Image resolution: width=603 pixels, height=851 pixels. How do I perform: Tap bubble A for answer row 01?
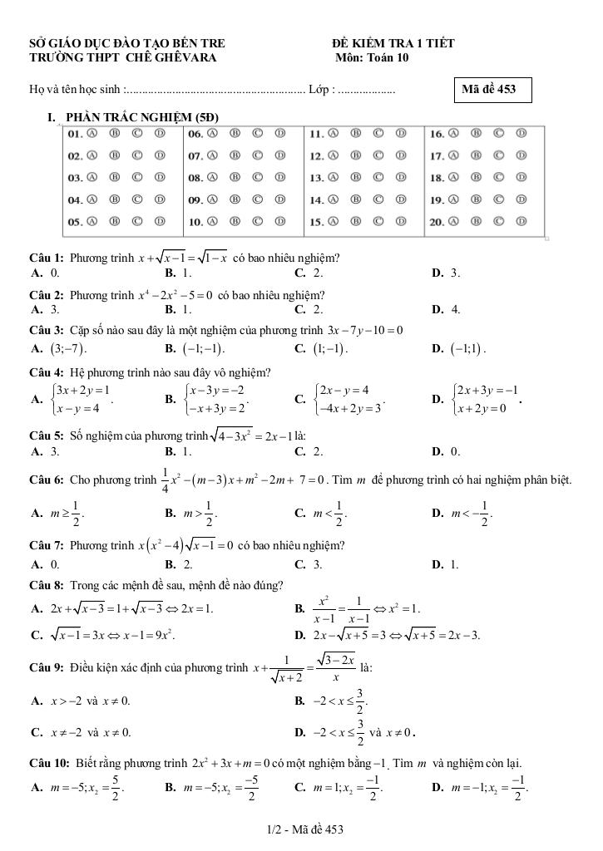pyautogui.click(x=92, y=133)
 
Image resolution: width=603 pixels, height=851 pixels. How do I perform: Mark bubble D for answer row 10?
pyautogui.click(x=280, y=222)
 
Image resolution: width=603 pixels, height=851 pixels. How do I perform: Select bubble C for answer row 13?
pyautogui.click(x=378, y=177)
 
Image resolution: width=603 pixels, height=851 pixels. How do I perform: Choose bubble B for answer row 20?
pyautogui.click(x=477, y=222)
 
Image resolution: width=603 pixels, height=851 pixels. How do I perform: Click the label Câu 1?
pyautogui.click(x=47, y=258)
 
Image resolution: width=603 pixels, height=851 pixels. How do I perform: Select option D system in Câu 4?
pyautogui.click(x=477, y=397)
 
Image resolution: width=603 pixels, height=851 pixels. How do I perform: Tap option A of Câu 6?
pyautogui.click(x=58, y=513)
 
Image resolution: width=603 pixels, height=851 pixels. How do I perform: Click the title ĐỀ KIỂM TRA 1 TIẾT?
pyautogui.click(x=393, y=43)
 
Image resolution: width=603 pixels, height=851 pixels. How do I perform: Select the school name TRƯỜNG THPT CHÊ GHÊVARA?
pyautogui.click(x=122, y=58)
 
